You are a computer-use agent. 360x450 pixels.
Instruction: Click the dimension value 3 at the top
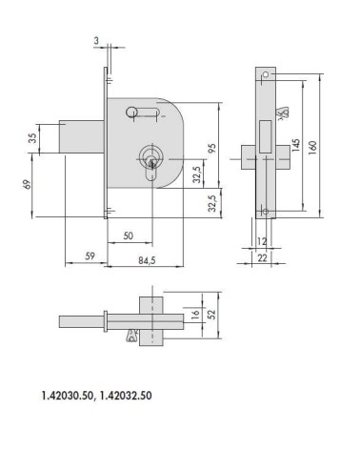98,40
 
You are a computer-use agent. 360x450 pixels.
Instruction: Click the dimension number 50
127,234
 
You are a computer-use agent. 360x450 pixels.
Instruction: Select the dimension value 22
261,256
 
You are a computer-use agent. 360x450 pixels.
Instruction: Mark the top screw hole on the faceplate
267,75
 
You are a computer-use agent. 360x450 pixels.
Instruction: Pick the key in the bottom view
131,334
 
